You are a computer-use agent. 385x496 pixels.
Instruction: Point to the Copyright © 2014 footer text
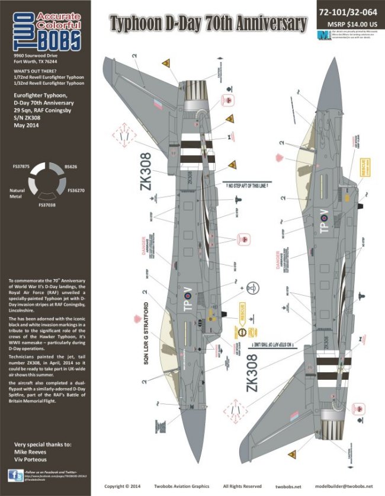(x=122, y=485)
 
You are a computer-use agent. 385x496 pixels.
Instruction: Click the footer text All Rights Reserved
(x=238, y=485)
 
